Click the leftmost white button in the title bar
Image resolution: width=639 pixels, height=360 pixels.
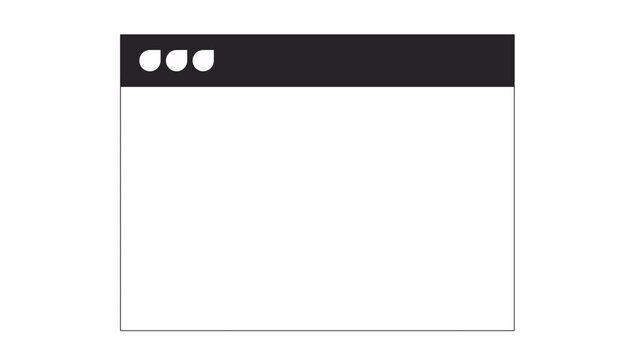(x=150, y=61)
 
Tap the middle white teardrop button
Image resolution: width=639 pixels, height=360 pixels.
(x=177, y=61)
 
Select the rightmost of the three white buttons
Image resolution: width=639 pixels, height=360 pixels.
(x=204, y=61)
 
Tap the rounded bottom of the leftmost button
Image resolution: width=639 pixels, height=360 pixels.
(x=150, y=70)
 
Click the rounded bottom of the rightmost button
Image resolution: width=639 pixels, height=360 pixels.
(x=204, y=70)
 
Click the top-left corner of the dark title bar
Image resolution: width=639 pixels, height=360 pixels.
(x=121, y=36)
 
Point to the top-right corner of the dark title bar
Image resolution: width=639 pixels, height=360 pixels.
(x=513, y=36)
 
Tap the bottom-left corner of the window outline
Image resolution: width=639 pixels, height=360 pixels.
(x=121, y=330)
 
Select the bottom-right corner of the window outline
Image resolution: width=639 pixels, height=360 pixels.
(x=514, y=330)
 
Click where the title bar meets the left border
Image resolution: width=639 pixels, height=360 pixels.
(x=121, y=87)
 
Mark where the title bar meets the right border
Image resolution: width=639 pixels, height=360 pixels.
(x=514, y=87)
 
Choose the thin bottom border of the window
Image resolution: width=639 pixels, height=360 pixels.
(x=317, y=330)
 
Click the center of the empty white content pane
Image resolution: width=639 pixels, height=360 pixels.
(x=317, y=208)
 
